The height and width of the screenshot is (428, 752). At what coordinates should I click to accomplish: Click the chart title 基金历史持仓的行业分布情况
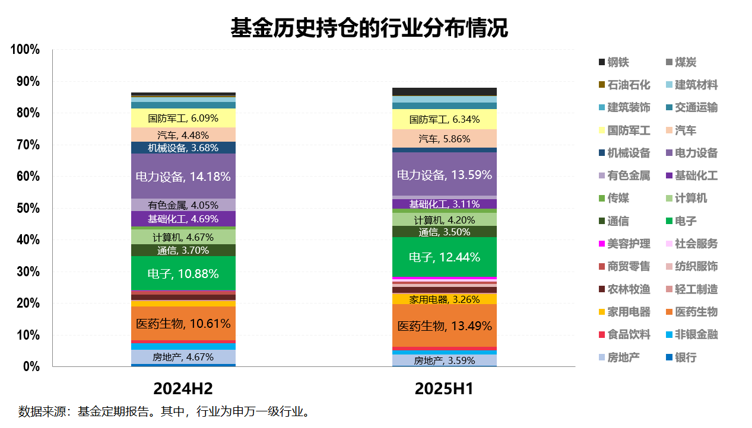pyautogui.click(x=369, y=28)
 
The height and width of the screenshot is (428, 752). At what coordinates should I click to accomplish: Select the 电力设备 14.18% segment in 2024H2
pyautogui.click(x=183, y=176)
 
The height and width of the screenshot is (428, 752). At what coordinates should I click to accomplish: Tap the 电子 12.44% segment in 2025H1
pyautogui.click(x=444, y=257)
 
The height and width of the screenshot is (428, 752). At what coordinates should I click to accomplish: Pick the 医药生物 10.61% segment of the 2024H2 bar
pyautogui.click(x=183, y=324)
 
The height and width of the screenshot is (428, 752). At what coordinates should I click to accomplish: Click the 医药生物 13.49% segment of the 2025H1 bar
pyautogui.click(x=444, y=325)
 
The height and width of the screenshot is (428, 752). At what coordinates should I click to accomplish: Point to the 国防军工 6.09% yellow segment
pyautogui.click(x=183, y=119)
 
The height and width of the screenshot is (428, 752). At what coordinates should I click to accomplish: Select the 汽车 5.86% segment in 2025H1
pyautogui.click(x=444, y=139)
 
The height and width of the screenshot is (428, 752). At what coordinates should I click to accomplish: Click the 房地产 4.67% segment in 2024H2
pyautogui.click(x=183, y=357)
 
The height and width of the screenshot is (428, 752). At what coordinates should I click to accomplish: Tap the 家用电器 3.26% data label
pyautogui.click(x=444, y=299)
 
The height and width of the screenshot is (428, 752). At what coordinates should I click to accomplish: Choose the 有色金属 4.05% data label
pyautogui.click(x=183, y=206)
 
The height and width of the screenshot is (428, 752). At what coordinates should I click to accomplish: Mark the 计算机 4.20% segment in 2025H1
pyautogui.click(x=444, y=220)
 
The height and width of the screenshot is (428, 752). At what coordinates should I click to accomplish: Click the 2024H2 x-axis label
pyautogui.click(x=183, y=389)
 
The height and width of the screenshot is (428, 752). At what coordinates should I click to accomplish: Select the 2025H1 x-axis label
pyautogui.click(x=444, y=389)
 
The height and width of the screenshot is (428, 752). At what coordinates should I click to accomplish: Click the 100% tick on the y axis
pyautogui.click(x=26, y=50)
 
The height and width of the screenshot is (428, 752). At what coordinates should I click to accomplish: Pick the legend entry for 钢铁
pyautogui.click(x=618, y=62)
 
